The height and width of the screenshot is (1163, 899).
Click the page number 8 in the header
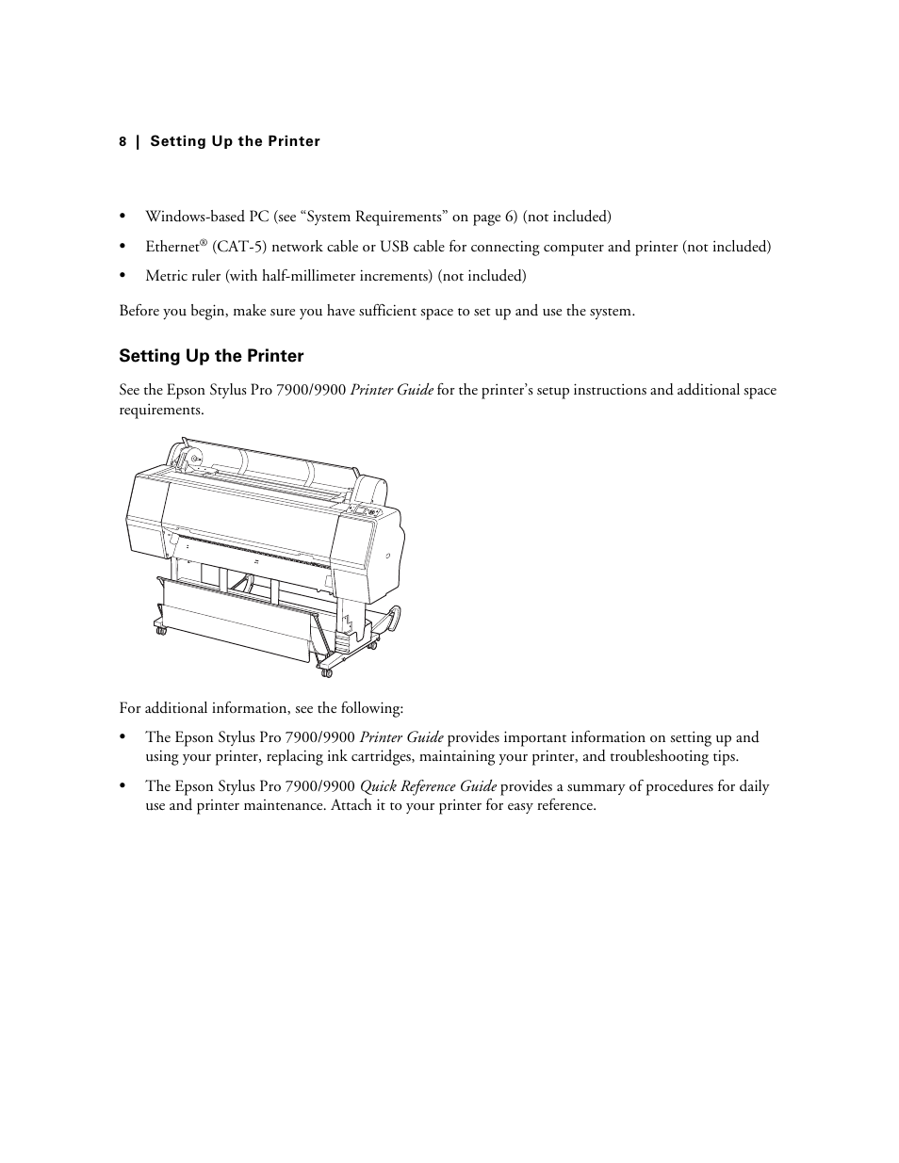(x=123, y=142)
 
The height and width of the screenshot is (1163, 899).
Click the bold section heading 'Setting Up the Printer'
(x=211, y=356)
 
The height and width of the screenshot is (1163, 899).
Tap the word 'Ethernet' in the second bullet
(x=172, y=247)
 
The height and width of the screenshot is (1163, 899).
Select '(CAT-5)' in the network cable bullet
(x=232, y=247)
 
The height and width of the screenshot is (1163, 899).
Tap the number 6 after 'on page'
(x=510, y=217)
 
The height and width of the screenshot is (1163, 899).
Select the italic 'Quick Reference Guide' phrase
(x=428, y=786)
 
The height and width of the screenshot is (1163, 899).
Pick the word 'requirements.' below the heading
(x=161, y=410)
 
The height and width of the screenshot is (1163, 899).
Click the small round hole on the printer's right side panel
(x=387, y=556)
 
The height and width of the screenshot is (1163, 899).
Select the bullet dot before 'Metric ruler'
(x=123, y=276)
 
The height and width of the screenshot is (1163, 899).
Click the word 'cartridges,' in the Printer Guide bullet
(x=379, y=756)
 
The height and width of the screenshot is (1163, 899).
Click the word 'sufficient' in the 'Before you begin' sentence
(x=385, y=311)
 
